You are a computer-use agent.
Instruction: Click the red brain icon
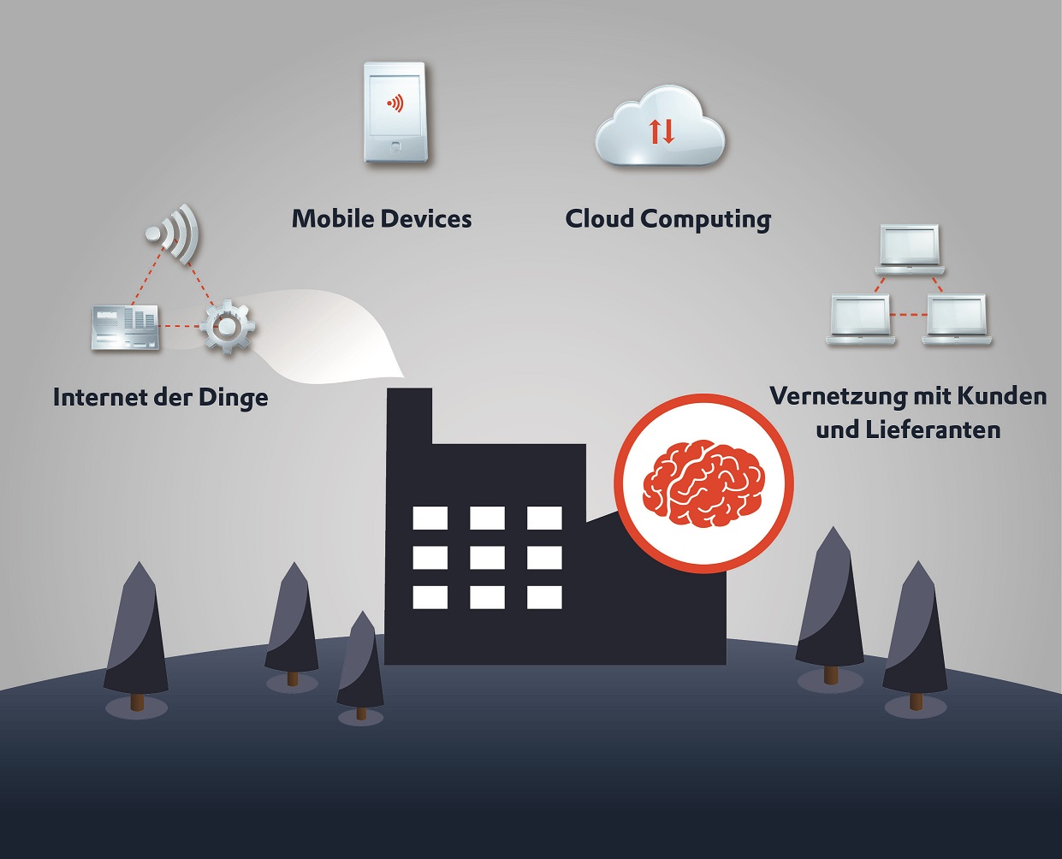[703, 483]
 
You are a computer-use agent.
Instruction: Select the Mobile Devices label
[382, 219]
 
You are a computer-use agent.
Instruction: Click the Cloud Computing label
[668, 219]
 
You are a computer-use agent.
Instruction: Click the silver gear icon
[227, 327]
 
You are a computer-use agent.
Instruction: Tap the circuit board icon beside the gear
[125, 327]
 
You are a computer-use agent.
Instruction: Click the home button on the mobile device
[396, 146]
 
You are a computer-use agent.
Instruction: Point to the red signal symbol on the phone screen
[395, 104]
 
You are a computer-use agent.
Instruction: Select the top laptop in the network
[910, 249]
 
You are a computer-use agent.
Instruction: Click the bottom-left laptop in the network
[861, 320]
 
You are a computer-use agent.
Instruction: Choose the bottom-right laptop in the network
[956, 320]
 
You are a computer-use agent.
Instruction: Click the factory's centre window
[487, 557]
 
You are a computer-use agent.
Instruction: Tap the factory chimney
[409, 417]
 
